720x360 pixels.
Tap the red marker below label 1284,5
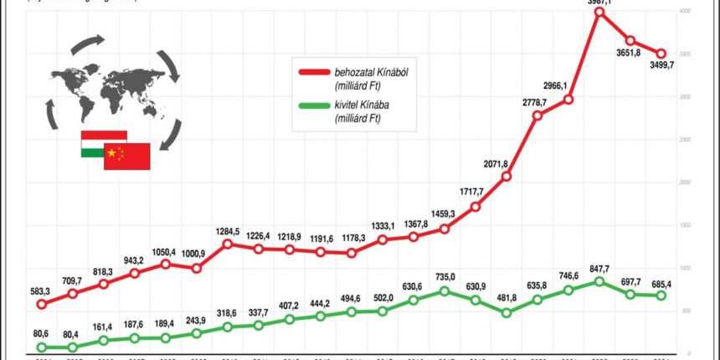click(x=227, y=244)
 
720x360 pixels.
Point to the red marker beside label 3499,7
click(x=662, y=53)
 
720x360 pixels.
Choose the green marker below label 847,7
click(x=599, y=281)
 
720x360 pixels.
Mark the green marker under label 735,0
click(x=445, y=291)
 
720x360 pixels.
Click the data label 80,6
click(x=41, y=333)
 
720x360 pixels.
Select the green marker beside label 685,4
click(x=661, y=296)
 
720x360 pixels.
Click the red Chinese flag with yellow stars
click(x=128, y=157)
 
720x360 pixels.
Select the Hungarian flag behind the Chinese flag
click(x=93, y=143)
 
